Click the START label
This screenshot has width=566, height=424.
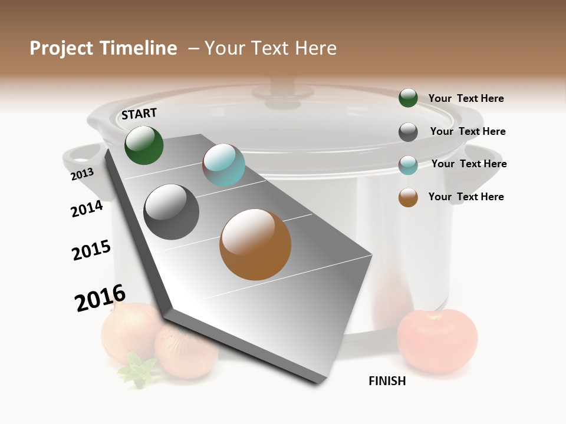pos(139,113)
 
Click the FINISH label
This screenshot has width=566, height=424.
pos(387,381)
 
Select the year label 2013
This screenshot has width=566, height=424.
pos(82,174)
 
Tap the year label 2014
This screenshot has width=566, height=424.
pos(87,208)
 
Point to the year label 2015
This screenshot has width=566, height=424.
pos(91,250)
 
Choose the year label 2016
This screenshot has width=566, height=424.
pos(100,298)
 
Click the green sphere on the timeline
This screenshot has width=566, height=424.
pos(144,145)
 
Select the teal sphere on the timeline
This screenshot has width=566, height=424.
pos(223,165)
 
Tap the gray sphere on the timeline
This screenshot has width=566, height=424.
pos(172,212)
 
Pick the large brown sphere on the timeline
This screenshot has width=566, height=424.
pos(255,244)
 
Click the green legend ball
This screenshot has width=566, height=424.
pos(408,98)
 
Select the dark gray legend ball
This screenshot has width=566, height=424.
pos(408,132)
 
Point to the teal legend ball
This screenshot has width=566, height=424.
pos(408,165)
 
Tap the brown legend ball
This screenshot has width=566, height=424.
pos(408,197)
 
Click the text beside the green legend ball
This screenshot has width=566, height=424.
pos(466,98)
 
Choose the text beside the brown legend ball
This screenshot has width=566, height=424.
pos(466,197)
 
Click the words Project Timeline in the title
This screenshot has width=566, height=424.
pos(103,48)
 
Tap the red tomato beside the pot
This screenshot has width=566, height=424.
pos(437,340)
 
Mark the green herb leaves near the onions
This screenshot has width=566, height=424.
pos(137,371)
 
